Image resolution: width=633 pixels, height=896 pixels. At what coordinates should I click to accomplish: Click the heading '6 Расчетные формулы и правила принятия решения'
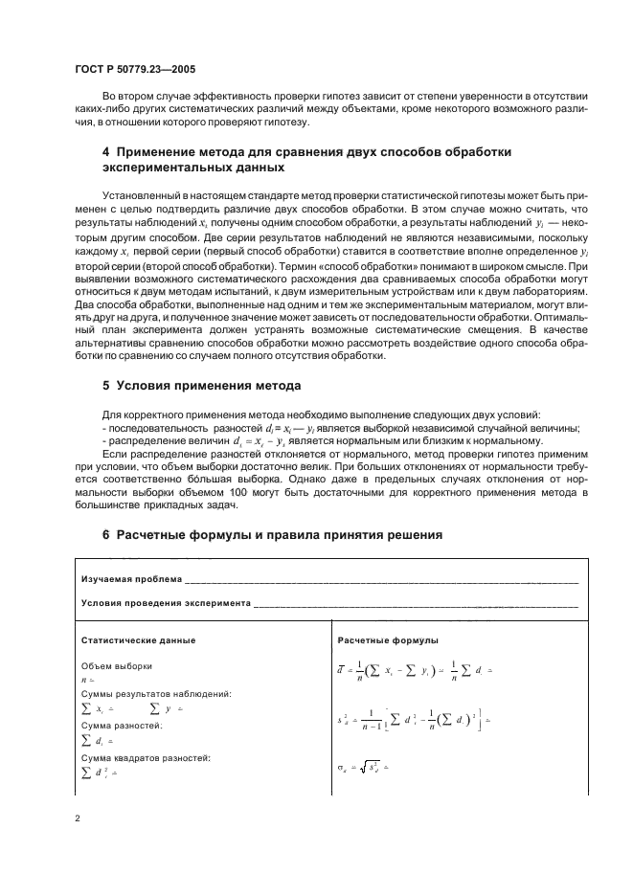(272, 535)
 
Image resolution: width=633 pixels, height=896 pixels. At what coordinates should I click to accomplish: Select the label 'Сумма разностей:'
(122, 726)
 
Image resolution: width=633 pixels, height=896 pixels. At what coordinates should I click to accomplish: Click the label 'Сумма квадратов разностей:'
(146, 758)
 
